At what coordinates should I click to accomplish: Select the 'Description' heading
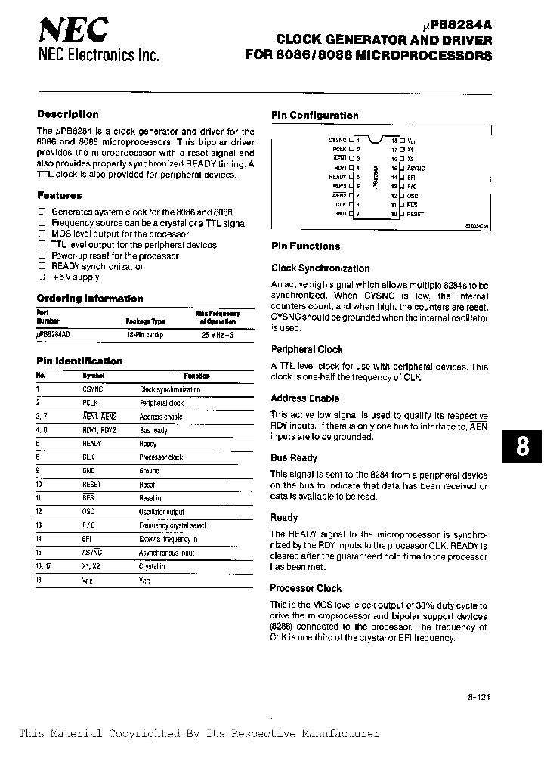(x=68, y=114)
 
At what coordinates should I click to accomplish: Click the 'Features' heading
(x=60, y=195)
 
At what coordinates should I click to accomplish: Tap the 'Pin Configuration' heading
(x=315, y=116)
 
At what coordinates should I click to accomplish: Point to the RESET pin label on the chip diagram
(x=416, y=214)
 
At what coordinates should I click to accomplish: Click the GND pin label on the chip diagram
(x=340, y=213)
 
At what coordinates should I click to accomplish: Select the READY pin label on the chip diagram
(x=337, y=176)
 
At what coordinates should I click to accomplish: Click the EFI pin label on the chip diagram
(x=412, y=177)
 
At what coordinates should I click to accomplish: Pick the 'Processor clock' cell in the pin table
(x=161, y=457)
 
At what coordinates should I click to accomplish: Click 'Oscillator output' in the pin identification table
(x=162, y=512)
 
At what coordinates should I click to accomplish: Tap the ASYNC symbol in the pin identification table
(x=92, y=553)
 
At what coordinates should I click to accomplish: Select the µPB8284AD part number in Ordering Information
(x=57, y=333)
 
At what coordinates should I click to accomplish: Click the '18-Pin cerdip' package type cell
(x=145, y=333)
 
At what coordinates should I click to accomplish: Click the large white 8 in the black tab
(x=522, y=447)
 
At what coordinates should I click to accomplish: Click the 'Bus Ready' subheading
(x=294, y=457)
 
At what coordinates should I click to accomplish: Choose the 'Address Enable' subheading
(x=305, y=398)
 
